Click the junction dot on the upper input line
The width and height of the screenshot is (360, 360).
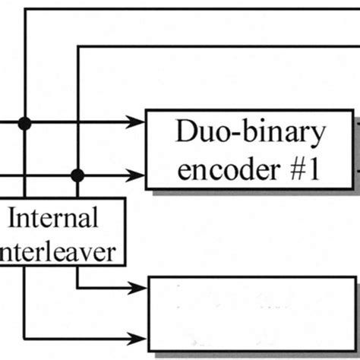(25, 122)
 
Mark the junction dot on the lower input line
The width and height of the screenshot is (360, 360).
(77, 175)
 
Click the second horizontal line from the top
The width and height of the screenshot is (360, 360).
(220, 47)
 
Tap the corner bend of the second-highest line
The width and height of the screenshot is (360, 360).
(77, 47)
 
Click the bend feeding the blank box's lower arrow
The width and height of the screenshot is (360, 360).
(26, 336)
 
